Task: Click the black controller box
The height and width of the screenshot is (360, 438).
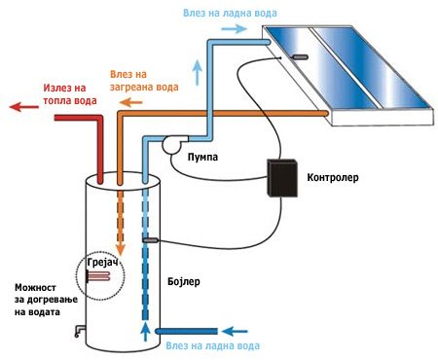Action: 282,178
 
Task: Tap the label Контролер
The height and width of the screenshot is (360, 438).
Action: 333,177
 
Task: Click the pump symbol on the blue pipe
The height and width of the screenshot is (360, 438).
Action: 173,144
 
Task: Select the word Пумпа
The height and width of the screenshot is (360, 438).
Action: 202,157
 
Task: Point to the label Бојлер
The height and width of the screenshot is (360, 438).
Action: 184,281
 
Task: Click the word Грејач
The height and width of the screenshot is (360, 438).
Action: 102,263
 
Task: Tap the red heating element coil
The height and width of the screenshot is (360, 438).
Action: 98,276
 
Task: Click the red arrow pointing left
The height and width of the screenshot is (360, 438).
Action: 23,107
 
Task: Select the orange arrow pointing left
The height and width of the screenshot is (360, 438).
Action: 130,103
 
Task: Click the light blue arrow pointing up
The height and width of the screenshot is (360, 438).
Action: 198,72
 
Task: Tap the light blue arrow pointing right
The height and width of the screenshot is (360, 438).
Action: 234,28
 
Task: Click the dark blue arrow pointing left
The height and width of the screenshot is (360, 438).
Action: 235,331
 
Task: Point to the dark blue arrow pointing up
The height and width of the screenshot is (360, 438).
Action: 146,332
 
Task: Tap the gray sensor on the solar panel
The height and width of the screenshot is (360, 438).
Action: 300,57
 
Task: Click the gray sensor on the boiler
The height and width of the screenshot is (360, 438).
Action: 150,240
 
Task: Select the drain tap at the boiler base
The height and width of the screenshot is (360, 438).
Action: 80,331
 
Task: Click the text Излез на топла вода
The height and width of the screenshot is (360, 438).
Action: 70,94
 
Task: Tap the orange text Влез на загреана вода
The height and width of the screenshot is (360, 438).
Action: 144,81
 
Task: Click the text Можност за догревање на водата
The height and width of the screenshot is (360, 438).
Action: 46,300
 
